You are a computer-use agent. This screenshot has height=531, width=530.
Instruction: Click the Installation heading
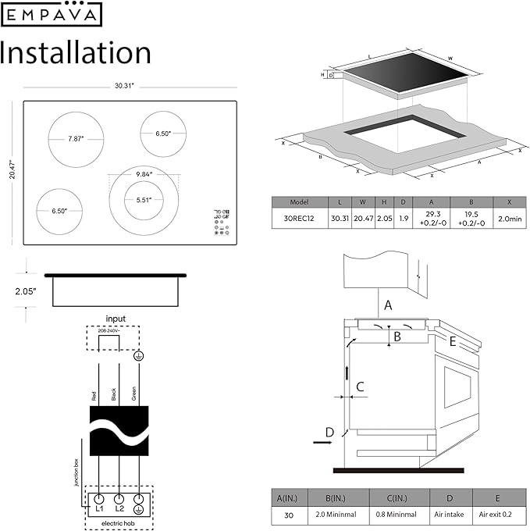coord(76,52)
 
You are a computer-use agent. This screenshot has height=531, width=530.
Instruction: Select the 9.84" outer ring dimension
coord(144,173)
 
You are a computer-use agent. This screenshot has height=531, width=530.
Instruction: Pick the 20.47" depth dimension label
coord(12,169)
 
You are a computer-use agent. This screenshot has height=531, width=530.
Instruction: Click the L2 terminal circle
coord(119,498)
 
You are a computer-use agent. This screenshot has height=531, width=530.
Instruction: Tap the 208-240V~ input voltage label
coord(109,331)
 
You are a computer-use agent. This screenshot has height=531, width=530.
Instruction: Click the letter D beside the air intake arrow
coord(329,432)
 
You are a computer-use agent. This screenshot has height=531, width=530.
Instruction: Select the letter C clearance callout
coord(360,386)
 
